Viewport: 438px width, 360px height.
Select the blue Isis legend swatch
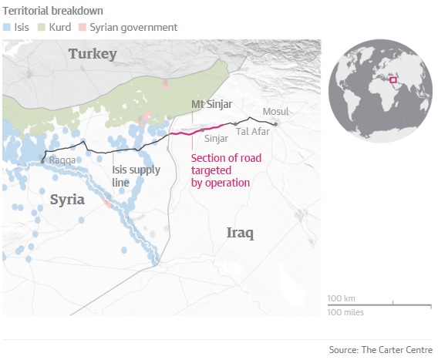[x=7, y=28]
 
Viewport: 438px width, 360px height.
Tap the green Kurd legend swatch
[x=44, y=28]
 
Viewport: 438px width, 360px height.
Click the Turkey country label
[x=92, y=54]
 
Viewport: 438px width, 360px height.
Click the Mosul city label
[x=275, y=112]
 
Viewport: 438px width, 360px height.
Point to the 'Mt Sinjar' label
[x=212, y=104]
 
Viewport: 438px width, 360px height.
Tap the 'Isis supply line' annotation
[x=136, y=176]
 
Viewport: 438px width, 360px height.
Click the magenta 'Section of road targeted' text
[x=221, y=171]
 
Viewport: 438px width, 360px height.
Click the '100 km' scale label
[x=341, y=298]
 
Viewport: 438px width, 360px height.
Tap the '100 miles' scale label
[x=345, y=312]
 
